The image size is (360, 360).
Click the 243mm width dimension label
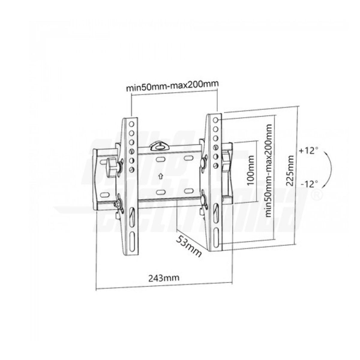tap(164, 277)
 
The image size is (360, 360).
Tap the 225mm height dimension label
tap(289, 171)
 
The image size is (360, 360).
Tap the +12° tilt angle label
tap(307, 151)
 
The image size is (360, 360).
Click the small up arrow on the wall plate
tap(161, 176)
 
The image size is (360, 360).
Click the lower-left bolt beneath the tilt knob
tap(116, 205)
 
